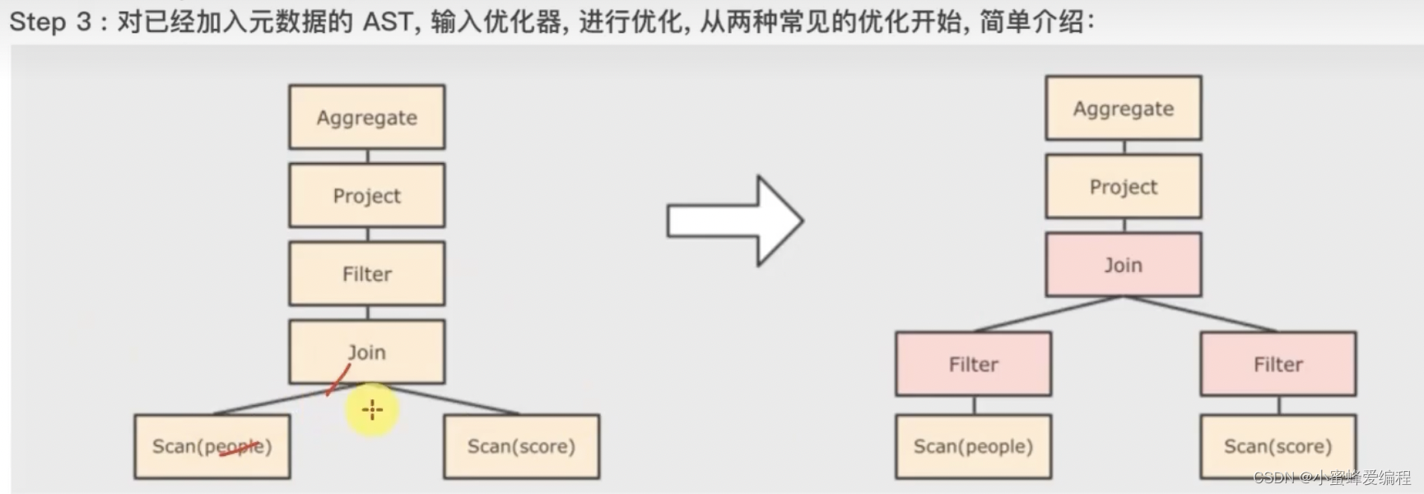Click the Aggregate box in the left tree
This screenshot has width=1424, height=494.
pyautogui.click(x=367, y=117)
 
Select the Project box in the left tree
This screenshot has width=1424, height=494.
pyautogui.click(x=367, y=195)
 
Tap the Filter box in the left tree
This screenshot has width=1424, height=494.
pyautogui.click(x=367, y=273)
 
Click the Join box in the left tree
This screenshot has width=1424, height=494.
pyautogui.click(x=367, y=352)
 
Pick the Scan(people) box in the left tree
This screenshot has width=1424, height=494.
pyautogui.click(x=212, y=446)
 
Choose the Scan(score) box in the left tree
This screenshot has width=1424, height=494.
pyautogui.click(x=522, y=446)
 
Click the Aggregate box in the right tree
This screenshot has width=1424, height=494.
pyautogui.click(x=1124, y=108)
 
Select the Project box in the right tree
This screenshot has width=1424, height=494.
pyautogui.click(x=1124, y=186)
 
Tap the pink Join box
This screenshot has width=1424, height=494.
pyautogui.click(x=1124, y=264)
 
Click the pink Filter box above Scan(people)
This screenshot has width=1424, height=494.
pyautogui.click(x=974, y=364)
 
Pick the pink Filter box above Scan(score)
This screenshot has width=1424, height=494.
pyautogui.click(x=1278, y=364)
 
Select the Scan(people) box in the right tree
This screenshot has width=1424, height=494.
pyautogui.click(x=974, y=446)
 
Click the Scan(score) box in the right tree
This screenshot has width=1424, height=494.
pyautogui.click(x=1278, y=446)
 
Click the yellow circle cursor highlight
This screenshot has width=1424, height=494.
pyautogui.click(x=372, y=409)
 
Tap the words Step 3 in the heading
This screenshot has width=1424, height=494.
pyautogui.click(x=49, y=21)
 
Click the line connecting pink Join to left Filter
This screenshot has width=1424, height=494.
pyautogui.click(x=1047, y=314)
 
